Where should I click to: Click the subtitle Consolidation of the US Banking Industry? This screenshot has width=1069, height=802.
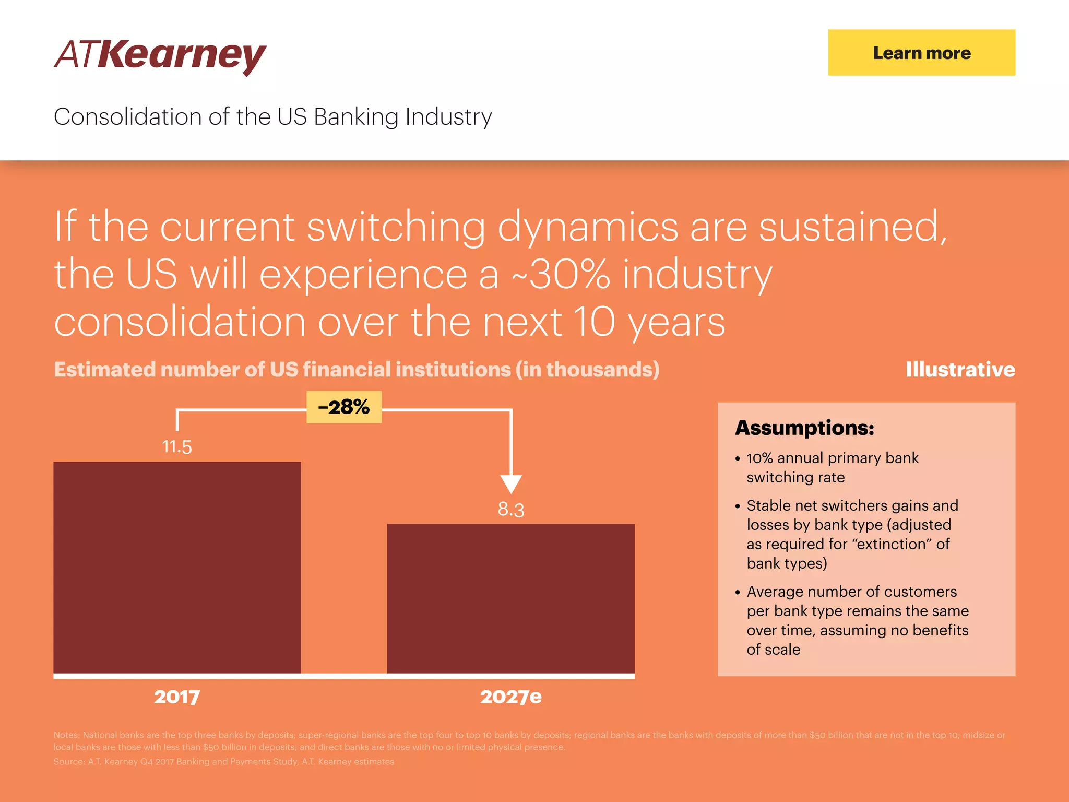point(272,116)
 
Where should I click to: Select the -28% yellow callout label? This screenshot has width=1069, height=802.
point(344,407)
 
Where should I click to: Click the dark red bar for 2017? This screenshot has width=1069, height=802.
point(177,568)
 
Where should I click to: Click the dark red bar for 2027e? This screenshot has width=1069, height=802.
point(510,598)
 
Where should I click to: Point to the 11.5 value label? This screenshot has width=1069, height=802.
point(177,447)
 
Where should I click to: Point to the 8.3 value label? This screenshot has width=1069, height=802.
point(510,509)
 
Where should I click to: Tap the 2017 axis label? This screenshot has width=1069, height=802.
point(177,697)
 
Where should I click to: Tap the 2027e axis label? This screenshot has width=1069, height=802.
point(510,697)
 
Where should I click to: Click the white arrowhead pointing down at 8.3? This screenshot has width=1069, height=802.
point(511,483)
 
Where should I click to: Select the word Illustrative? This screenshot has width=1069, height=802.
point(960,370)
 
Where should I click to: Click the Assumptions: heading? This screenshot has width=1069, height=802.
point(804,428)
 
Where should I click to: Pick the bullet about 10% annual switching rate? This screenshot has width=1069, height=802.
point(832,467)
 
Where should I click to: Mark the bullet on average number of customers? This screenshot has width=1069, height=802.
point(857,620)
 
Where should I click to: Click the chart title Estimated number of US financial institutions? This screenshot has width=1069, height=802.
point(357,370)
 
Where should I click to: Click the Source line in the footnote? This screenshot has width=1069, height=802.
point(223,762)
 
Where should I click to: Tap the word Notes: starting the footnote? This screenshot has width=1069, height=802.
point(67,735)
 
